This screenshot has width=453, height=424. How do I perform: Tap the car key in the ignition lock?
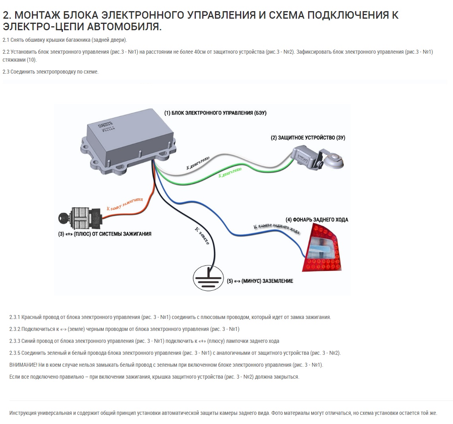coord(64,218)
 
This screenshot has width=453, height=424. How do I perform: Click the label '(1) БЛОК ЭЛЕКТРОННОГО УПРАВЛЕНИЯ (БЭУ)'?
coord(215,113)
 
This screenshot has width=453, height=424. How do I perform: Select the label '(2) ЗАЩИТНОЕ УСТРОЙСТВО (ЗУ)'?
coord(308,138)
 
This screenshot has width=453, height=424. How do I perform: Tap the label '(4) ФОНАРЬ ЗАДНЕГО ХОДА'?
coord(317,220)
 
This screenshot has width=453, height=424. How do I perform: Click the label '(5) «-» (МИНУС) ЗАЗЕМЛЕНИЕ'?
coord(260,281)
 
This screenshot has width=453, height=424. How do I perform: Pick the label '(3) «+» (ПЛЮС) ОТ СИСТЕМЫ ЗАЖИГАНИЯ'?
coord(105,234)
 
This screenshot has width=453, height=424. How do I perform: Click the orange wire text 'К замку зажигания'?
coord(125,203)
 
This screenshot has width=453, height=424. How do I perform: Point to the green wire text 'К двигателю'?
coord(230,173)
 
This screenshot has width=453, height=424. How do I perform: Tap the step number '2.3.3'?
coord(15,341)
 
